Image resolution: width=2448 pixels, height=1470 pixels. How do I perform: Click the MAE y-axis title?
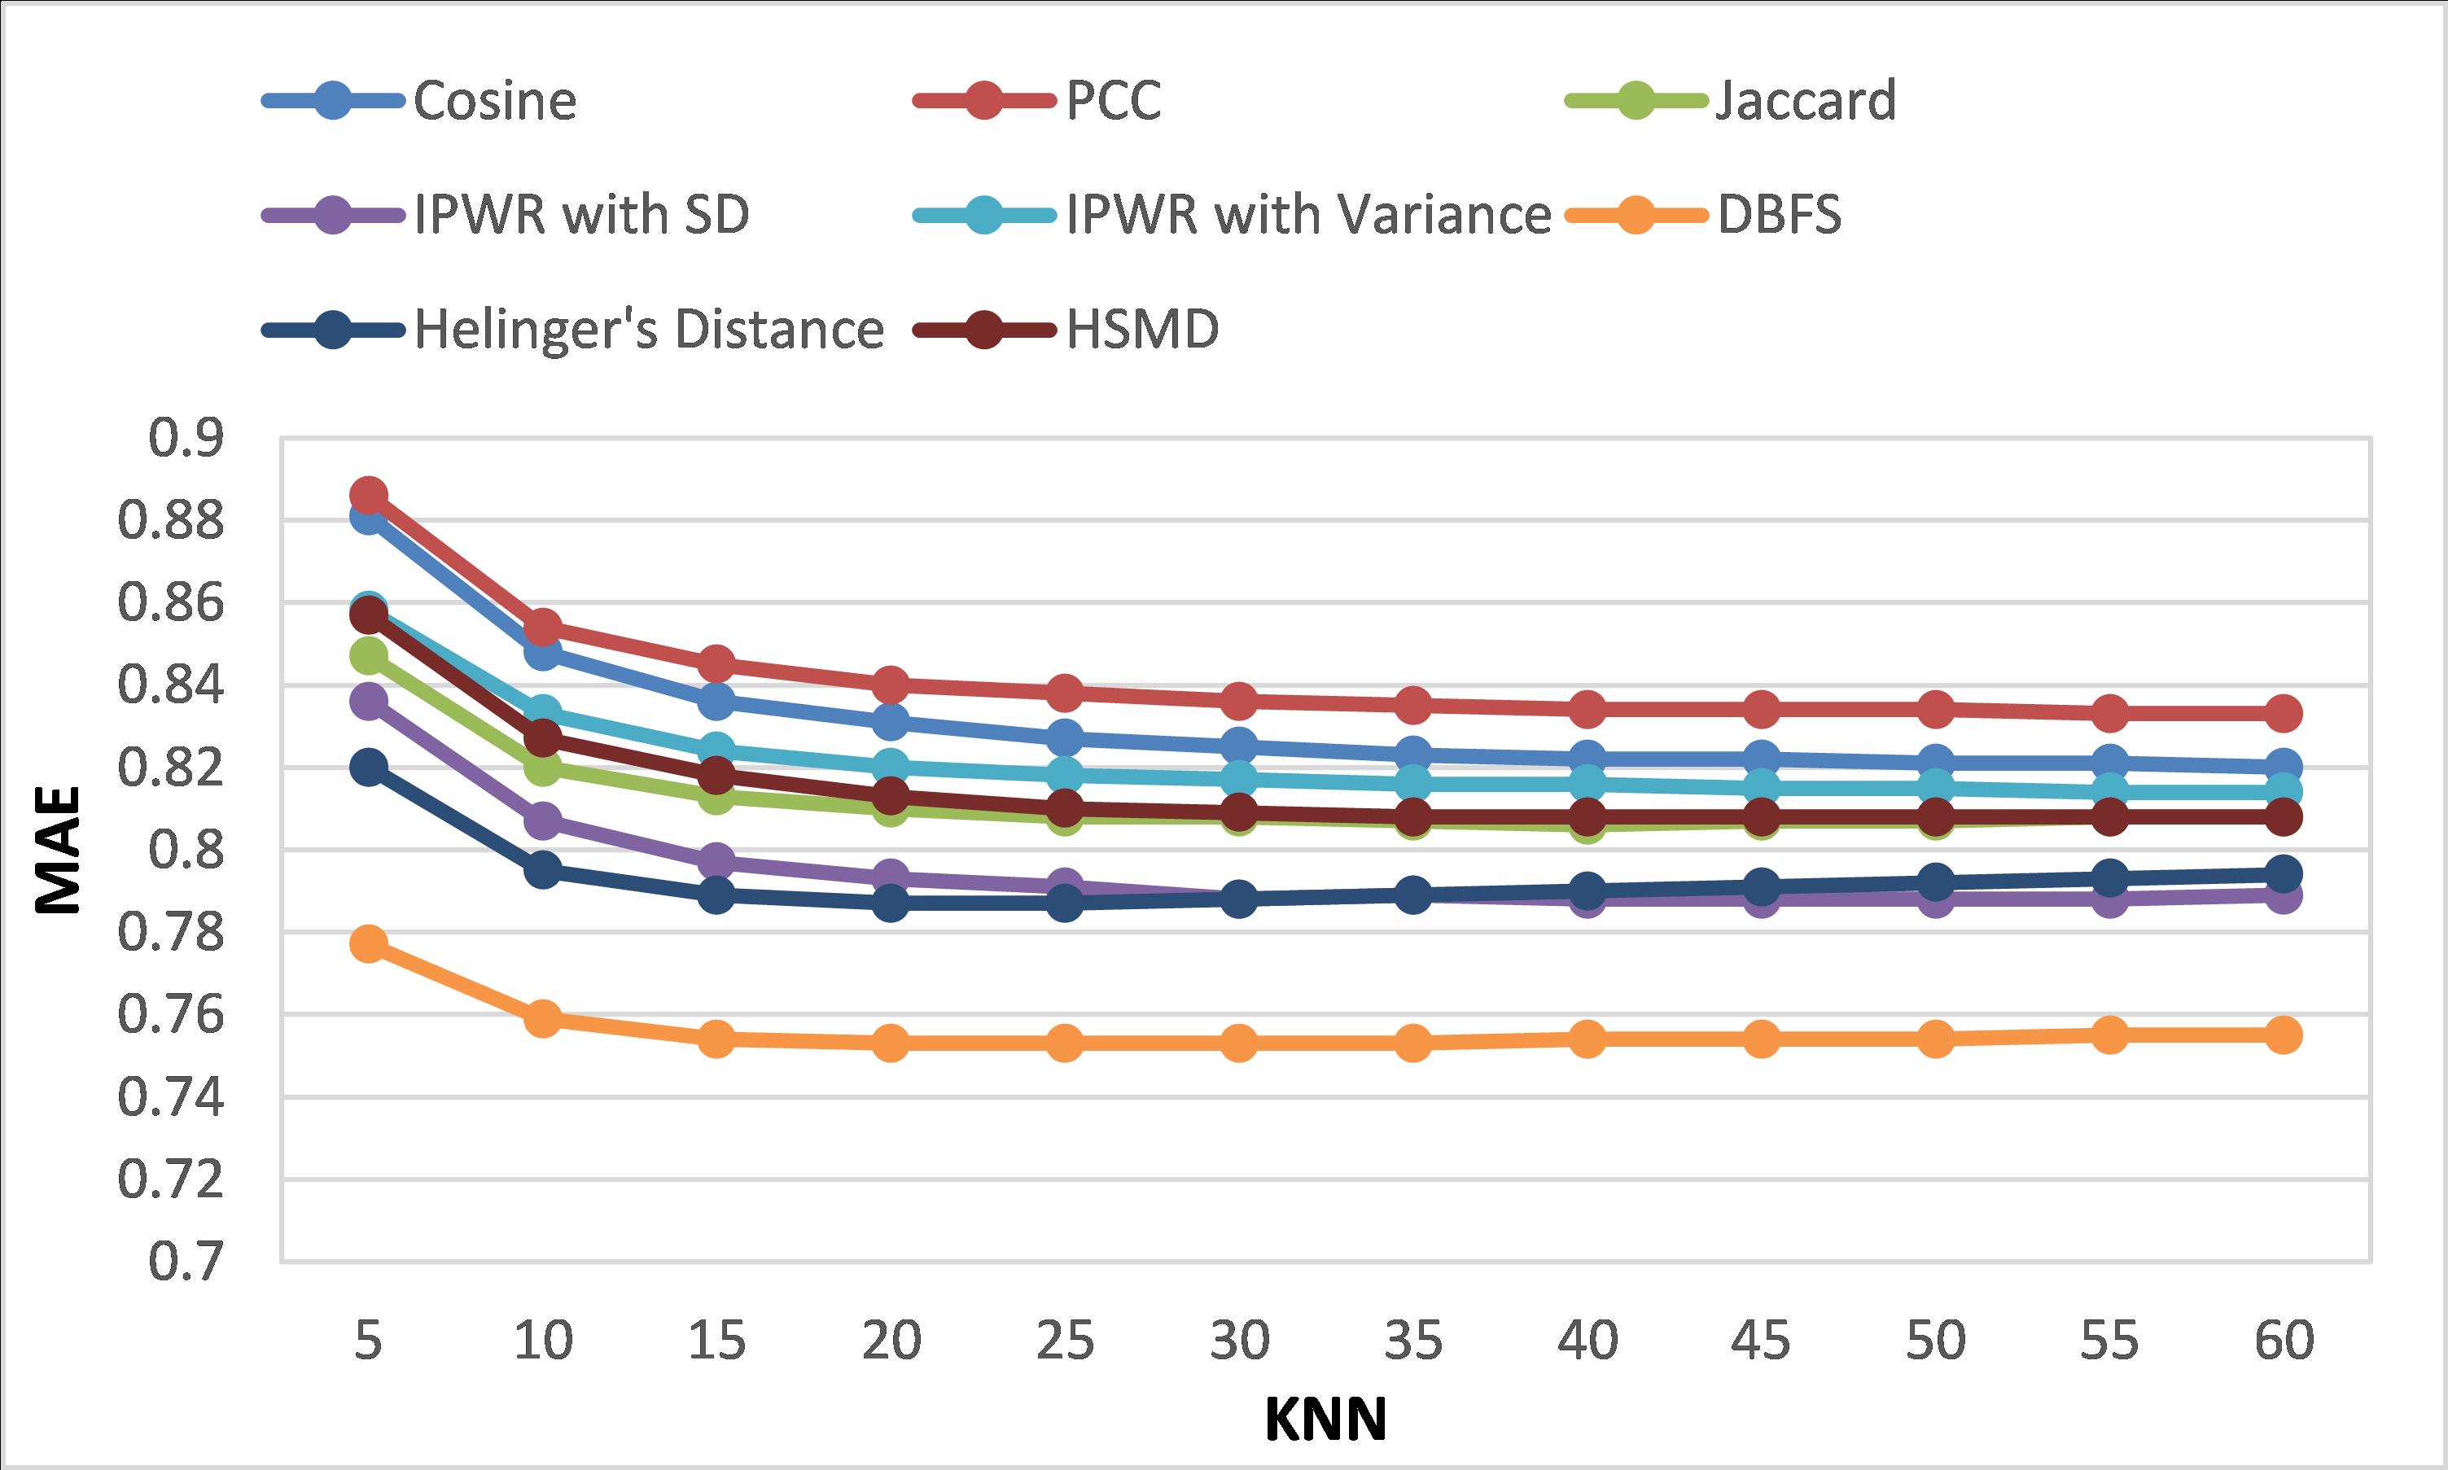pyautogui.click(x=58, y=850)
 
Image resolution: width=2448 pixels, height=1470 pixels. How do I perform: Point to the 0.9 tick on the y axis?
pyautogui.click(x=186, y=439)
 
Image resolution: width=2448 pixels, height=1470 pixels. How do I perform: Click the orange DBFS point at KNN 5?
pyautogui.click(x=369, y=944)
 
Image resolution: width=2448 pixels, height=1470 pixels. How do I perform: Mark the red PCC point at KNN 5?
pyautogui.click(x=369, y=494)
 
